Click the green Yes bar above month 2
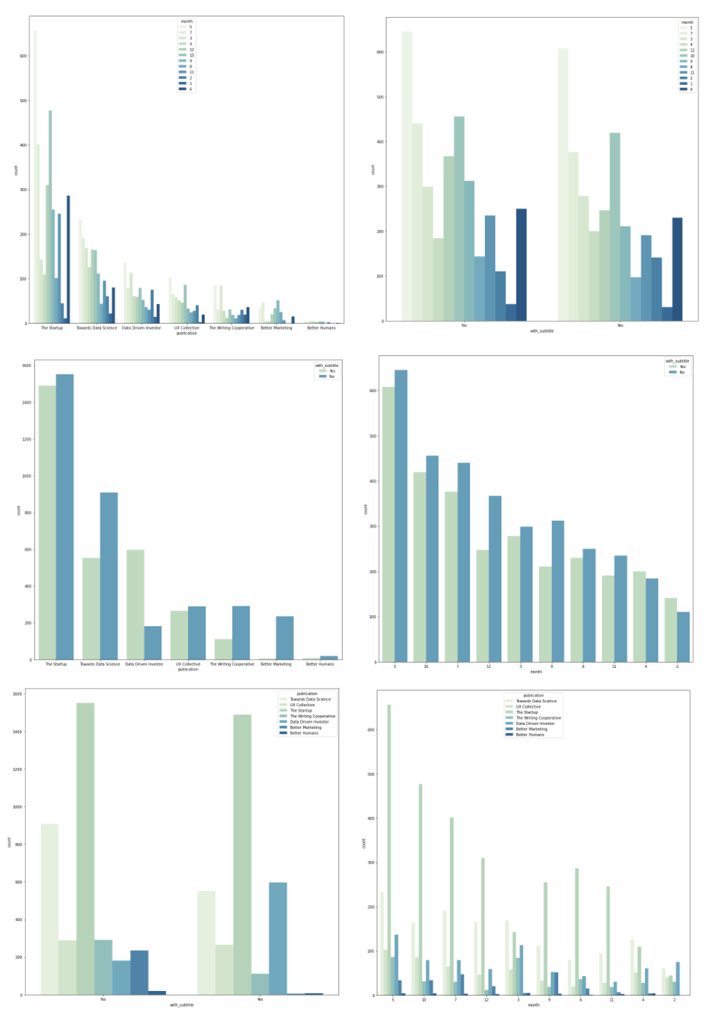(670, 630)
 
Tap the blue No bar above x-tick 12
(495, 578)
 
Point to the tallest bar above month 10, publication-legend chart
(420, 889)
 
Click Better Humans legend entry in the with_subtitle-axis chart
(304, 733)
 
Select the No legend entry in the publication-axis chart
(332, 376)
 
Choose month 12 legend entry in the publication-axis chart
(192, 49)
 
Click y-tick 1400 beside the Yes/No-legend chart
(27, 402)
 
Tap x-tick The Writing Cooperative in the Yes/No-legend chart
(232, 664)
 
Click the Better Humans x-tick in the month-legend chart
(321, 328)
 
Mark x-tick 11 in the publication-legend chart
(612, 1000)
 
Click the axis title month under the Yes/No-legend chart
(536, 671)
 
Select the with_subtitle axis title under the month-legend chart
(542, 331)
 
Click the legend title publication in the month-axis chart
(534, 695)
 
